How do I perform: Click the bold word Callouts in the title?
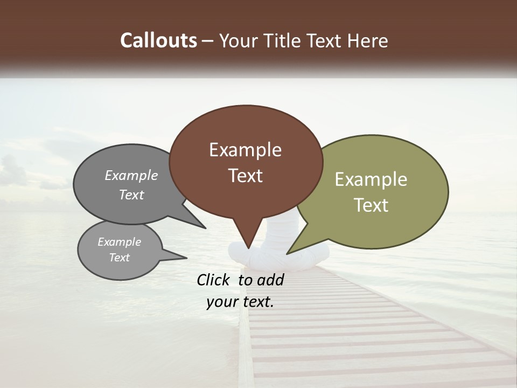(x=159, y=40)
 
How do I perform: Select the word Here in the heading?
(x=368, y=41)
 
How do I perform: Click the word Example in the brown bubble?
(x=245, y=150)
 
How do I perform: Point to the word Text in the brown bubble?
(x=245, y=176)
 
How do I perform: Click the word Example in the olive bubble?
(x=371, y=179)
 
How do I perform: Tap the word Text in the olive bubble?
(x=371, y=205)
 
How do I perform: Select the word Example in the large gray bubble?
(x=131, y=176)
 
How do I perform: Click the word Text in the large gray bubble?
(x=131, y=195)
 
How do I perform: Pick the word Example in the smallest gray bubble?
(x=120, y=242)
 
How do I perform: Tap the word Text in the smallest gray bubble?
(x=120, y=258)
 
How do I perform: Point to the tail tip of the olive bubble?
(x=289, y=252)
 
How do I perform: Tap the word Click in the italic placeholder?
(x=214, y=280)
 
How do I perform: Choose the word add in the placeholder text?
(x=270, y=280)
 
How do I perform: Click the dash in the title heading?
(x=208, y=41)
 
